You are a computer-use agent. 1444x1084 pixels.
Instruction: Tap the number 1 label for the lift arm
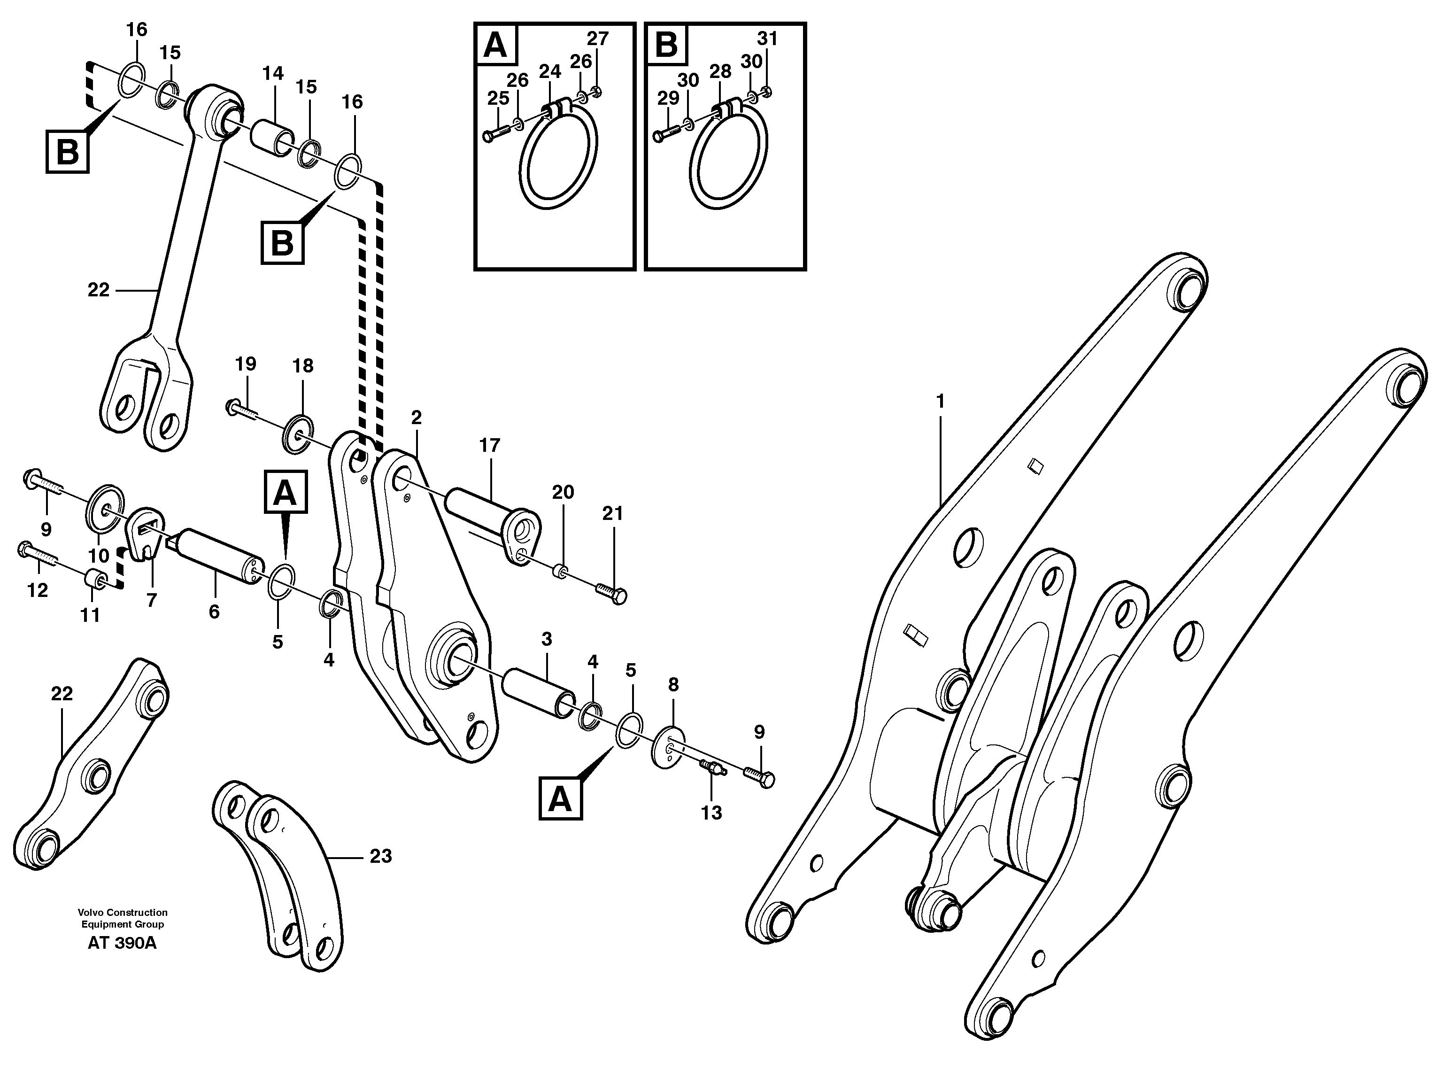point(940,401)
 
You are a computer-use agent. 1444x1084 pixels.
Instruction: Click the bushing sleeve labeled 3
point(539,694)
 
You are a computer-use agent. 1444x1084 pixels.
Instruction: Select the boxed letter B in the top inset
point(666,46)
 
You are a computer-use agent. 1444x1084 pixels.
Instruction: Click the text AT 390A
point(122,944)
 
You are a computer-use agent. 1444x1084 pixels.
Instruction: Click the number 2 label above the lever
point(417,417)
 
